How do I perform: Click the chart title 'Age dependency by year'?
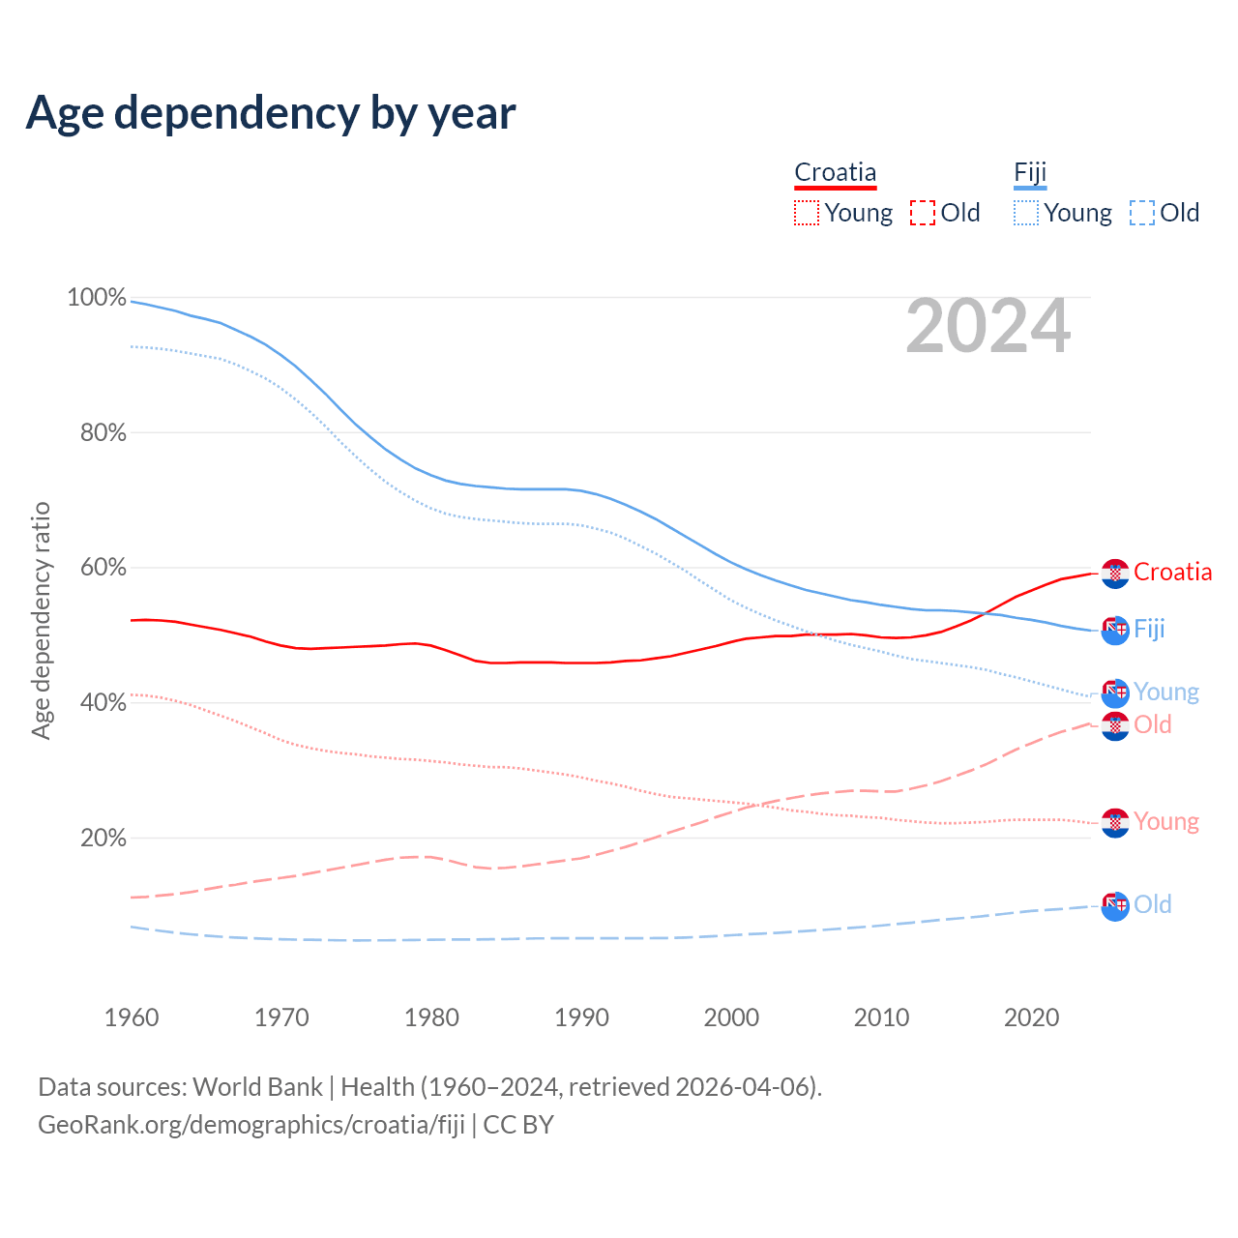271,113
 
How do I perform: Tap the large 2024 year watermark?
987,327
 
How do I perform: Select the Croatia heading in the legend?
835,173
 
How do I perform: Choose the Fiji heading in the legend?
1030,173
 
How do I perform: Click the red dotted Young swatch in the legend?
807,213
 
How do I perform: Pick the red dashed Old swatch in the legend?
923,213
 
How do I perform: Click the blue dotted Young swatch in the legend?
1026,213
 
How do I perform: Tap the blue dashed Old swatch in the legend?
1142,213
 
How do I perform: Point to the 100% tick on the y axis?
97,298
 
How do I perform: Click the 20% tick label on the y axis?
103,839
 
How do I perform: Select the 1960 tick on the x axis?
132,1017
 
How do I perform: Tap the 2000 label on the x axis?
732,1017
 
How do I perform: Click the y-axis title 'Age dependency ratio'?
41,620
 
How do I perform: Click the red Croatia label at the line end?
1172,572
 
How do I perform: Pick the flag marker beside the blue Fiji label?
1115,631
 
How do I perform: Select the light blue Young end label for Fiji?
1166,692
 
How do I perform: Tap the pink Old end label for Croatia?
1153,724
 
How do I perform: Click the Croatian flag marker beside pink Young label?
1115,823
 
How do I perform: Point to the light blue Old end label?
1153,904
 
